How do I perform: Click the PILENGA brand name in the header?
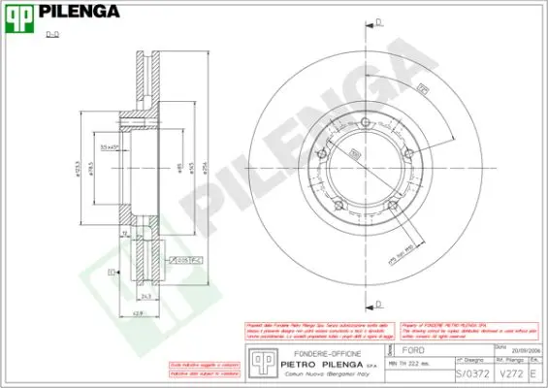[x=79, y=13]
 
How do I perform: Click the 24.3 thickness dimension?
[x=145, y=296]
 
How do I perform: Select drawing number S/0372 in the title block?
[x=466, y=372]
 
